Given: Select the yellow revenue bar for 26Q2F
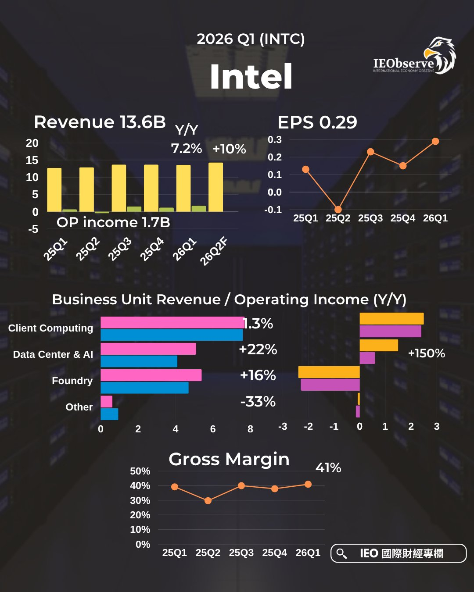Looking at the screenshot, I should click(x=215, y=187).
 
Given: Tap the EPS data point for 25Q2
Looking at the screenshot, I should click(x=338, y=210).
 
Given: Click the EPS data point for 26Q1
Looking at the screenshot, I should click(x=435, y=141).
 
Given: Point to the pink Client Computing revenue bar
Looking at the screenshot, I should click(x=172, y=322).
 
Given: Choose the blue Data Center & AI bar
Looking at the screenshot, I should click(x=139, y=361).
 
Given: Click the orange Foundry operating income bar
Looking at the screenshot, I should click(x=329, y=372).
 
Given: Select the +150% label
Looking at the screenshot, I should click(x=426, y=353).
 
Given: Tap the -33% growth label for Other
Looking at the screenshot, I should click(x=258, y=401).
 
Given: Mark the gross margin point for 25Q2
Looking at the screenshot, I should click(x=208, y=500).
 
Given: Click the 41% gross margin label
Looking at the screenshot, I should click(x=328, y=468).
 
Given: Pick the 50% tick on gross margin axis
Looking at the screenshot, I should click(x=140, y=471).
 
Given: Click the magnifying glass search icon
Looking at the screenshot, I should click(x=341, y=553).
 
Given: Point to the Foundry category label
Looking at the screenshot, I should click(x=72, y=381).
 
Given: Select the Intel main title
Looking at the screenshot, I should click(x=251, y=77).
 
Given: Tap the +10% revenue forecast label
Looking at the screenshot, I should click(x=229, y=149).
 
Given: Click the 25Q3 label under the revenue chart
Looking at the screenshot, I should click(x=119, y=249).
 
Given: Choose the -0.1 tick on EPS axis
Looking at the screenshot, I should click(x=273, y=210).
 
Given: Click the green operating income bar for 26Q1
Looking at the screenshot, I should click(x=198, y=209).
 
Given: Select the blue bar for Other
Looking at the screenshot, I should click(x=109, y=414).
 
